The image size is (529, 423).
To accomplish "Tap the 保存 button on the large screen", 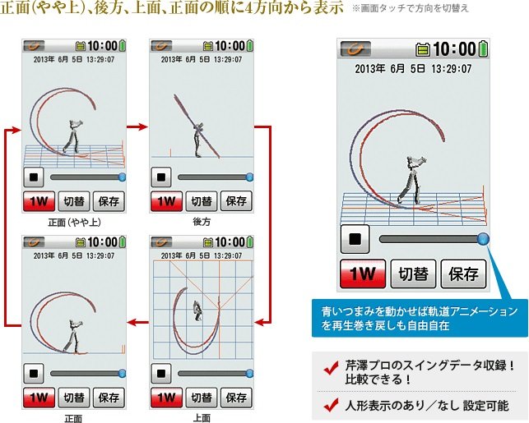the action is [463, 274].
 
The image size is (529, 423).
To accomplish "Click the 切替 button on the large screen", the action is [413, 274].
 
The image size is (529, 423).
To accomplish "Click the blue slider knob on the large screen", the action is [483, 239].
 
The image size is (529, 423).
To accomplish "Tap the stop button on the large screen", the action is [355, 239].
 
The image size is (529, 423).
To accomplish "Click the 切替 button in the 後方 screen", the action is [202, 201].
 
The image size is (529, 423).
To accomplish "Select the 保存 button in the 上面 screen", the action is [236, 398].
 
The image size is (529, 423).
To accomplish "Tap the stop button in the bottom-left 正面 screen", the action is [34, 374].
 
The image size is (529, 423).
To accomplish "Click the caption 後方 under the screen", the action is [202, 222].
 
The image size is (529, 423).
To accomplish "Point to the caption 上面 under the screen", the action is [202, 418].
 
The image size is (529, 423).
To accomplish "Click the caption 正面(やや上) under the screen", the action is [74, 223].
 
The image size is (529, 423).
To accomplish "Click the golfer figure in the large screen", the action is [411, 180].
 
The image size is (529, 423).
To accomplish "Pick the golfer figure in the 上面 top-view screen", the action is [197, 310].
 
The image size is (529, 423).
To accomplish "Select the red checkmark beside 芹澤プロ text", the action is [331, 368].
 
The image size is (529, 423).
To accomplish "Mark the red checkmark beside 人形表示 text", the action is [331, 405].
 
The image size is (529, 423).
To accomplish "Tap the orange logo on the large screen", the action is [355, 49].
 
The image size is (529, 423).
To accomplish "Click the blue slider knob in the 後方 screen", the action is [249, 177].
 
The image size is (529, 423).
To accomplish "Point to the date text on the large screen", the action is [413, 69].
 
